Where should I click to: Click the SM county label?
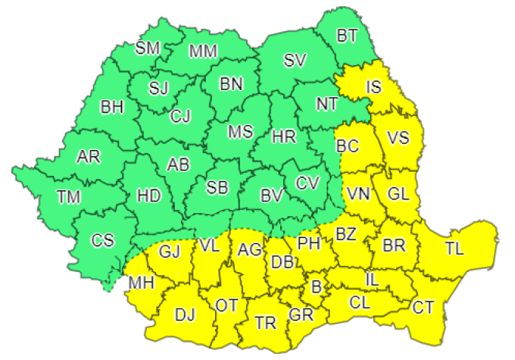point(148,49)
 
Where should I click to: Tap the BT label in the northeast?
point(348,35)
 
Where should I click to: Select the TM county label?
point(69,197)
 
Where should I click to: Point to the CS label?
point(102,241)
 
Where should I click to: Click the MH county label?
point(142,284)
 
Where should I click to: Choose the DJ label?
point(185,315)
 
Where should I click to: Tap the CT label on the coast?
point(423,307)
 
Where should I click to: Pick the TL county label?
point(455,247)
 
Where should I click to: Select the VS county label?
point(398,138)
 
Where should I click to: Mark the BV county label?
point(271,196)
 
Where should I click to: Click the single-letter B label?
point(317,287)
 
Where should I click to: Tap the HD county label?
point(149,196)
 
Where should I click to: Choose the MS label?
point(240,131)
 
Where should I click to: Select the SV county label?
point(295,61)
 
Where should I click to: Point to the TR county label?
point(265,323)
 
